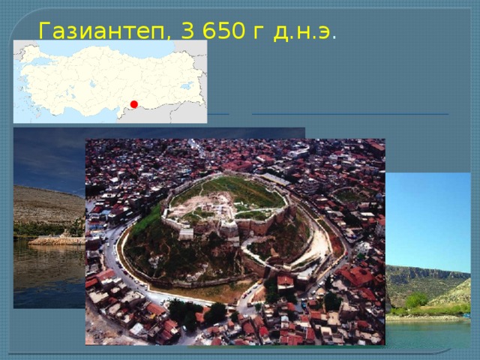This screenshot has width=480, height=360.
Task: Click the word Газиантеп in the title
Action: click(x=97, y=31)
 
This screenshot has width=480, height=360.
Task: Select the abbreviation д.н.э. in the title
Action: click(x=304, y=31)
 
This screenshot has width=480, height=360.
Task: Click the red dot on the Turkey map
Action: click(x=133, y=103)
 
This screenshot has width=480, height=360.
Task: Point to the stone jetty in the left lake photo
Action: click(x=56, y=240)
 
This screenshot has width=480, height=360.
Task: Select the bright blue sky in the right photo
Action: click(x=427, y=217)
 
